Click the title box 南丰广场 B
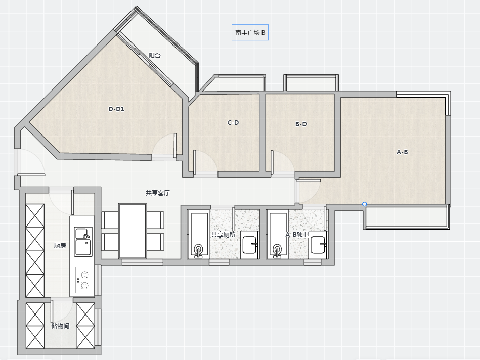pyautogui.click(x=250, y=32)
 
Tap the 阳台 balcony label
pyautogui.click(x=155, y=56)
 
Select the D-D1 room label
pyautogui.click(x=116, y=109)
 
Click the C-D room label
pyautogui.click(x=233, y=123)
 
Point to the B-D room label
pyautogui.click(x=301, y=124)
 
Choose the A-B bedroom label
pyautogui.click(x=402, y=152)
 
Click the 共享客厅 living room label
pyautogui.click(x=158, y=193)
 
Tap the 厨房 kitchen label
pyautogui.click(x=60, y=246)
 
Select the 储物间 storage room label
pyautogui.click(x=60, y=326)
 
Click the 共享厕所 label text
pyautogui.click(x=223, y=235)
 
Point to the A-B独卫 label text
pyautogui.click(x=297, y=235)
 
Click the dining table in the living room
pyautogui.click(x=133, y=231)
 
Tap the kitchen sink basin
pyautogui.click(x=83, y=242)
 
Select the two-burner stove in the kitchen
pyautogui.click(x=83, y=280)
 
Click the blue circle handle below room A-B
pyautogui.click(x=364, y=204)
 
